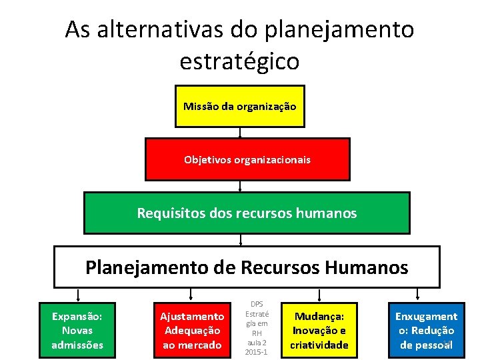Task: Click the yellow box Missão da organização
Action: (239, 106)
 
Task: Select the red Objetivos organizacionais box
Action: (247, 159)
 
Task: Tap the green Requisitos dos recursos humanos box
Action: (247, 213)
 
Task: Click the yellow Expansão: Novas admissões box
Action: (77, 329)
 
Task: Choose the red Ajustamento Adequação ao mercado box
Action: (191, 330)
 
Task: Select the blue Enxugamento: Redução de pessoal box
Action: (427, 329)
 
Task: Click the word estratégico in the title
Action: (239, 61)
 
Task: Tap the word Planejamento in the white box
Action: (142, 267)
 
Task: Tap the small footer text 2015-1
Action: (257, 351)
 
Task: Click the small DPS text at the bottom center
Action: (257, 304)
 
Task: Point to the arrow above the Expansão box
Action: (78, 295)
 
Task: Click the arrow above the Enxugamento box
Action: (418, 295)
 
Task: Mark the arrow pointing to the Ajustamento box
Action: (191, 295)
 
